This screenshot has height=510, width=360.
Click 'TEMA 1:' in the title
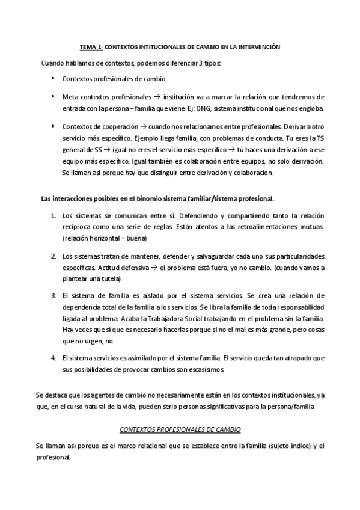[92, 46]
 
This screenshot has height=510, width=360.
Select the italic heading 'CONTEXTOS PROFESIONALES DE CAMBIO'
[180, 430]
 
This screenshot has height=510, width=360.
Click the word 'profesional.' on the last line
[53, 457]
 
